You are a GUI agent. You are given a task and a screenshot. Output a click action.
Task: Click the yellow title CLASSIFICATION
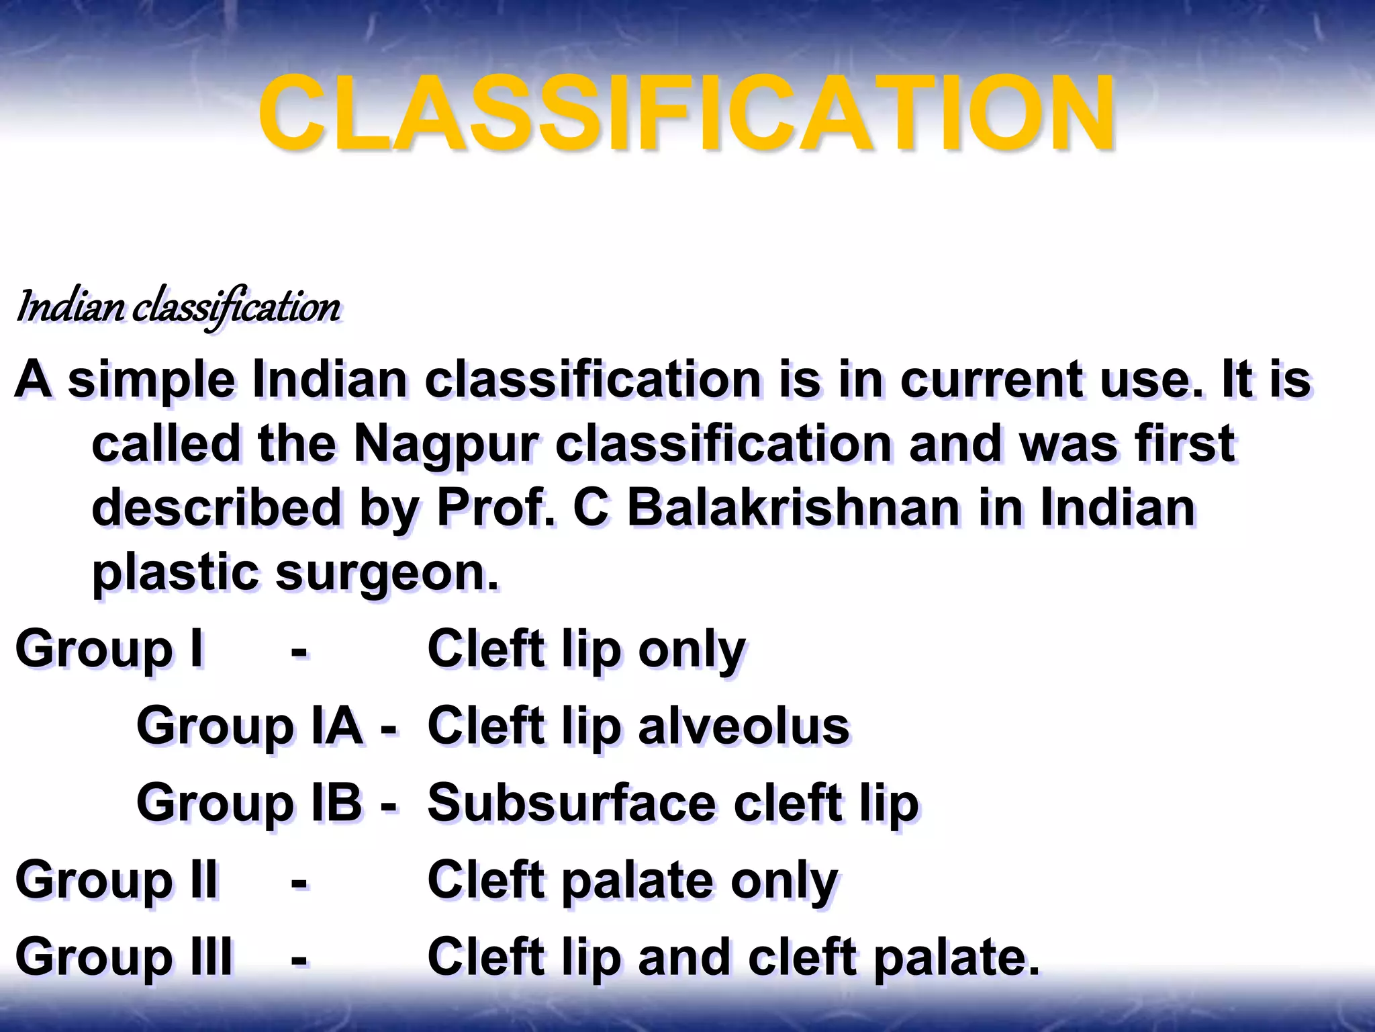tap(686, 113)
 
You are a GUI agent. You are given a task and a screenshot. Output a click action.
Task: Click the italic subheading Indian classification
tap(179, 308)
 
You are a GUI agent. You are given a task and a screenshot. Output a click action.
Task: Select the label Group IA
tap(249, 726)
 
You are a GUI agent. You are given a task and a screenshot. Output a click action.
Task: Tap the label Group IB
tap(249, 803)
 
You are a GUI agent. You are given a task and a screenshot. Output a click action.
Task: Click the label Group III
tap(124, 957)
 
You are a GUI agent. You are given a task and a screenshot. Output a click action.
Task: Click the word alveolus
tap(743, 726)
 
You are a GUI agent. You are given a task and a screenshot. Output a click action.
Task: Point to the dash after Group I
tap(299, 650)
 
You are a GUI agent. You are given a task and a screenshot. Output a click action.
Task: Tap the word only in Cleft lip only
tap(692, 650)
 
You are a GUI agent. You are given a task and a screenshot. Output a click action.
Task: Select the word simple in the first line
tap(152, 380)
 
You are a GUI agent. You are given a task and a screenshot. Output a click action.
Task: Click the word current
tap(991, 380)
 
